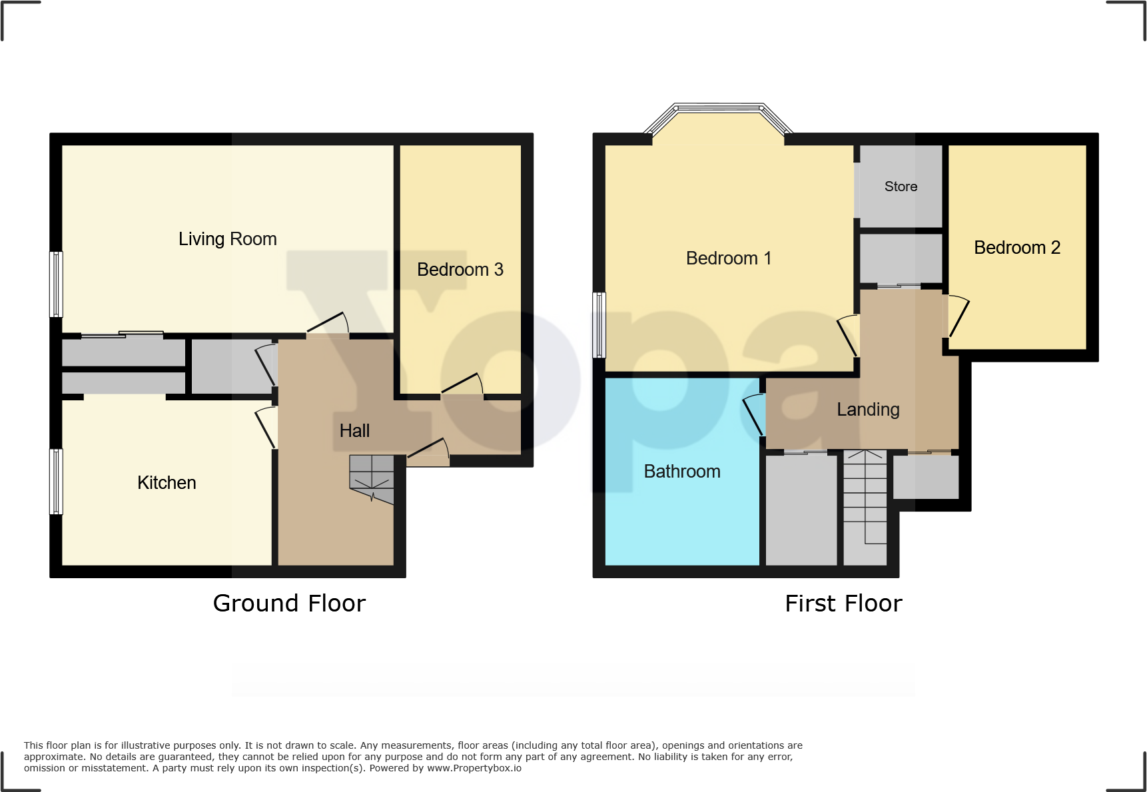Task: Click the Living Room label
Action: [227, 239]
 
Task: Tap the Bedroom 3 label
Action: [460, 270]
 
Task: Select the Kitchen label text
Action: [167, 483]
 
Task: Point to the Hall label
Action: [354, 431]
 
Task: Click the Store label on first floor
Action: [901, 187]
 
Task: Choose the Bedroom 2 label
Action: [1016, 248]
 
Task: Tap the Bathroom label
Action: [682, 472]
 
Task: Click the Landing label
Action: [868, 410]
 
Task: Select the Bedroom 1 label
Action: [729, 258]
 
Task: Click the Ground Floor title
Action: [289, 603]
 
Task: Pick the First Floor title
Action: [843, 603]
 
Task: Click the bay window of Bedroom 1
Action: [718, 109]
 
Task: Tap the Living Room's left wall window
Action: [57, 284]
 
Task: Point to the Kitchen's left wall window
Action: [57, 481]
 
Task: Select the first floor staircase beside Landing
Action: [865, 506]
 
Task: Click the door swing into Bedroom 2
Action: [957, 316]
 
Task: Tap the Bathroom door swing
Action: [753, 414]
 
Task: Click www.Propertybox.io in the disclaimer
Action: [474, 768]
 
